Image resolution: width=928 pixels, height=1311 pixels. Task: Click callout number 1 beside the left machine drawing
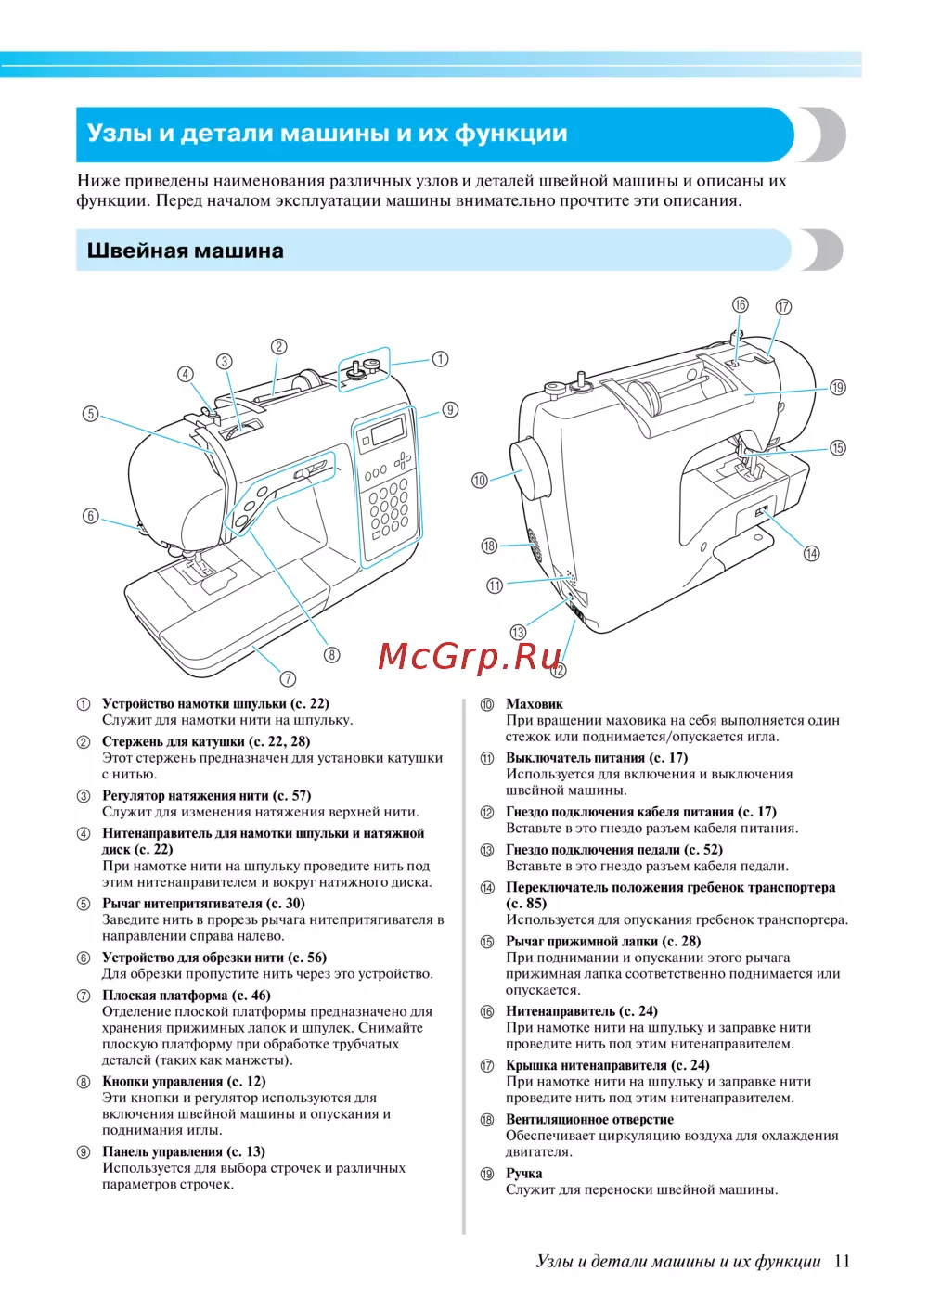(x=440, y=359)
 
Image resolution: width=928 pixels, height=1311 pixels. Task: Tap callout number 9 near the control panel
(x=450, y=410)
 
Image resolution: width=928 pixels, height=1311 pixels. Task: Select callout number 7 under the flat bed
(x=288, y=678)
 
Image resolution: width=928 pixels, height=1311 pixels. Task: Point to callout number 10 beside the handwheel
(x=480, y=481)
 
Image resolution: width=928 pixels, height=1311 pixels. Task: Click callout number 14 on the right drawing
(x=811, y=553)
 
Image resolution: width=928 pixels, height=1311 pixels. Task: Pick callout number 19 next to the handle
(x=838, y=388)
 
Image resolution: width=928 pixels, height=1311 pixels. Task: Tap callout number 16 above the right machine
(x=740, y=305)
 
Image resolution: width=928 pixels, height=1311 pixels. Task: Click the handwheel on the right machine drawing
(x=531, y=469)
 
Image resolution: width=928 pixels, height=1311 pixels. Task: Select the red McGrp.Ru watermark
(x=470, y=656)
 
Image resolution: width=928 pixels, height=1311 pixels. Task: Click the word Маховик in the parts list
(x=534, y=704)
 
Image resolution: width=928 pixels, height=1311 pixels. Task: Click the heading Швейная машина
(x=185, y=251)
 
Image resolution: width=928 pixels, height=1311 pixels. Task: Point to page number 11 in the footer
(x=842, y=1261)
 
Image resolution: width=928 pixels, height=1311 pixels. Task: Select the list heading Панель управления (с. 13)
(x=184, y=1151)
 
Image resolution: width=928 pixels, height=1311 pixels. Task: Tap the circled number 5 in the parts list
(x=84, y=905)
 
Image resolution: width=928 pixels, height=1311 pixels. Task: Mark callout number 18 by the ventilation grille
(x=489, y=546)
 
